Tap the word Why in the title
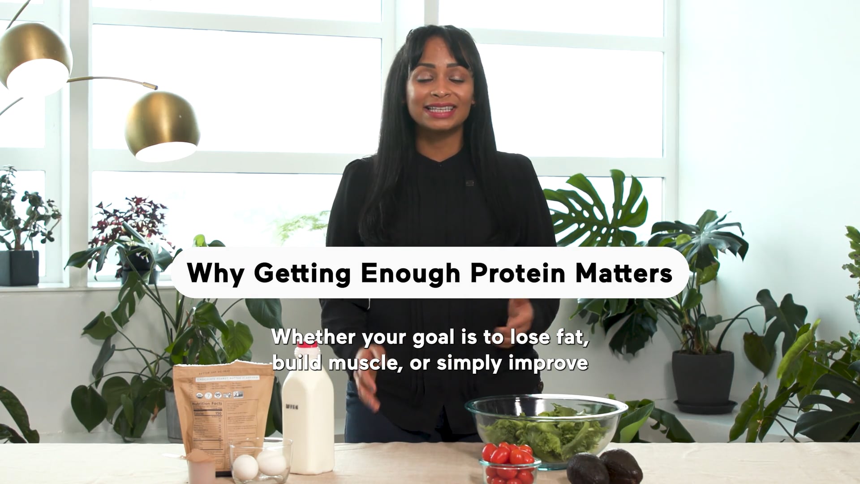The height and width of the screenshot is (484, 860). click(215, 273)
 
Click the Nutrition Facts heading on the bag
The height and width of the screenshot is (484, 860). click(207, 404)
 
